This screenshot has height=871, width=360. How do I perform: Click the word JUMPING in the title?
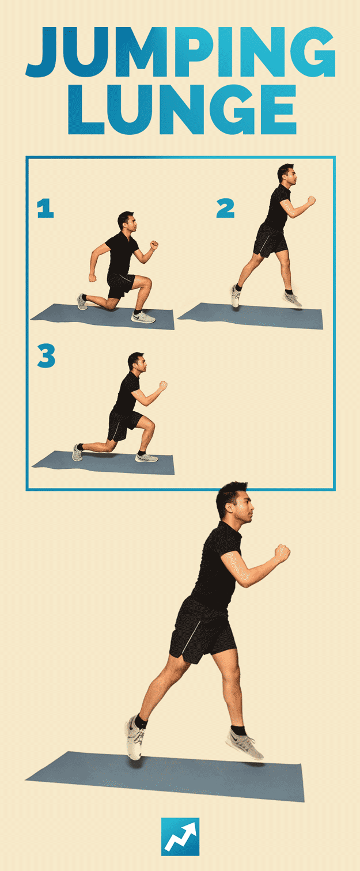pyautogui.click(x=180, y=52)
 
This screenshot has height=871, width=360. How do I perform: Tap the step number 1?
pyautogui.click(x=45, y=208)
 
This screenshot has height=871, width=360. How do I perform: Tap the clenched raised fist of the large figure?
pyautogui.click(x=282, y=552)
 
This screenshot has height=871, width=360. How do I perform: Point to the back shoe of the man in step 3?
pyautogui.click(x=77, y=453)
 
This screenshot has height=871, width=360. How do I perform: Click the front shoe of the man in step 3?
pyautogui.click(x=146, y=457)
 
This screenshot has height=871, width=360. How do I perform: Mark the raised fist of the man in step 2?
pyautogui.click(x=311, y=200)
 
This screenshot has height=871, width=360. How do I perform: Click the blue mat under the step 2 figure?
pyautogui.click(x=251, y=315)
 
